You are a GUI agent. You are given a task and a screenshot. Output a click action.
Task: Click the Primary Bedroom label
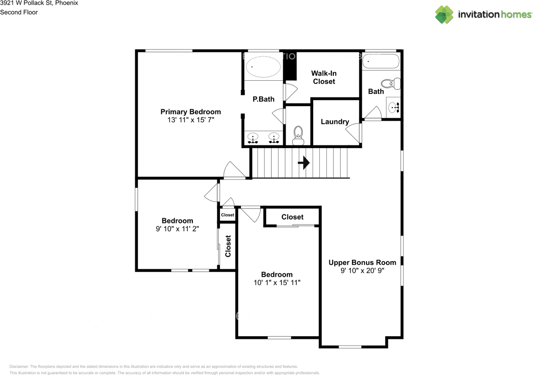[191, 112]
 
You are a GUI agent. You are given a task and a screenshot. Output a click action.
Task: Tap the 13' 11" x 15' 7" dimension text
[191, 120]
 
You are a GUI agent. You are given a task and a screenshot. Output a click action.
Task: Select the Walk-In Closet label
[324, 77]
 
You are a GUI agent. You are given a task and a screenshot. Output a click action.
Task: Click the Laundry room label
[335, 122]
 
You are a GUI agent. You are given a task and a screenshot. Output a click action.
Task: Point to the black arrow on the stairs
[304, 163]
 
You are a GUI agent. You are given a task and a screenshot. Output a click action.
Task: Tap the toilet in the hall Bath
[391, 84]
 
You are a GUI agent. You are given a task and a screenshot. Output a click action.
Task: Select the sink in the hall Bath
[394, 107]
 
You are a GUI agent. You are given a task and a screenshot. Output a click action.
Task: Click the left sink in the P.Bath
[252, 137]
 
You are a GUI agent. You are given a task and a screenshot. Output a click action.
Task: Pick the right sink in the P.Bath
[274, 137]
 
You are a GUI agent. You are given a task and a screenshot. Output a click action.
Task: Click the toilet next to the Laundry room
[298, 135]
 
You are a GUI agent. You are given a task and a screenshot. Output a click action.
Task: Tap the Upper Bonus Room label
[362, 262]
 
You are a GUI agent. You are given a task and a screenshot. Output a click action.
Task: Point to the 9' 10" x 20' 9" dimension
[362, 271]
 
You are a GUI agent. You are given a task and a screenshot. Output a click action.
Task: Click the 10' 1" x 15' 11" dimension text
[277, 283]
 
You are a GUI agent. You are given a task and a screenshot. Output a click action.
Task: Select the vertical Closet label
[228, 246]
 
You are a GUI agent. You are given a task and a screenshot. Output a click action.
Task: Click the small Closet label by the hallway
[227, 215]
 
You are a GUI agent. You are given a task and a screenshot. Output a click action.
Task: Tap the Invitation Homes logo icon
[444, 15]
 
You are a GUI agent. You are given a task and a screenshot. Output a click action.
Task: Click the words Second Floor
[19, 12]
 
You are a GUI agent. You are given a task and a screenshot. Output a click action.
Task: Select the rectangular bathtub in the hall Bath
[381, 62]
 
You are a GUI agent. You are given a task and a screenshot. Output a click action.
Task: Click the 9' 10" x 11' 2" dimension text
[177, 228]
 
